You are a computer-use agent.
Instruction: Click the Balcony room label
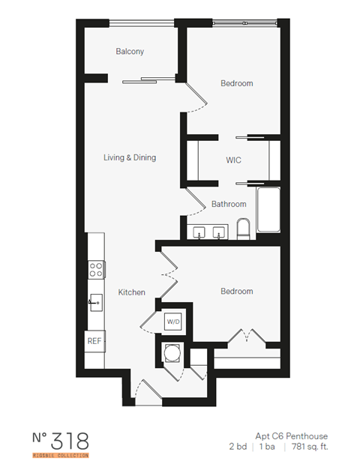pos(130,52)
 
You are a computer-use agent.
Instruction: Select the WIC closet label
pos(233,160)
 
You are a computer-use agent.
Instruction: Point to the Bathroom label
pos(229,204)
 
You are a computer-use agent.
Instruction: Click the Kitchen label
pos(131,292)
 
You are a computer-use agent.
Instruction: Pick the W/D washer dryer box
pos(173,322)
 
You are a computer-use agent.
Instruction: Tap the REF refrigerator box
pos(94,340)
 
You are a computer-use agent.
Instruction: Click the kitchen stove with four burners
pos(95,270)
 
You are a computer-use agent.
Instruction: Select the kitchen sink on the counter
pos(95,304)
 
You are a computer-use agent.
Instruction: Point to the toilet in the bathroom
pos(242,229)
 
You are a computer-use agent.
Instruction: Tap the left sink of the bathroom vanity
pos(200,231)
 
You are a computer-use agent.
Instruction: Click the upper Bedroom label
pos(236,83)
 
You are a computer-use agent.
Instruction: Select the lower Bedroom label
pos(236,291)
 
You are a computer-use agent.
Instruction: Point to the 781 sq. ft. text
pos(310,447)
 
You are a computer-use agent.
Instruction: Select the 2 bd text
pos(239,447)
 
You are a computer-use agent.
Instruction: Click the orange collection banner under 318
pos(61,455)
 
